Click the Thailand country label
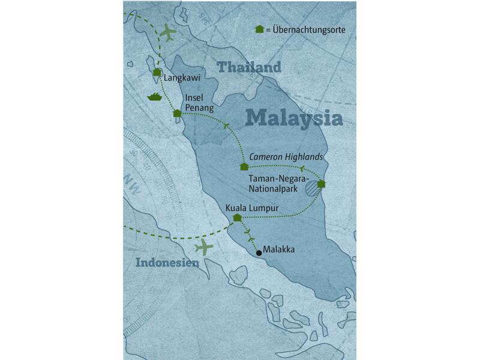pos(249,67)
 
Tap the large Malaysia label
pos(294,117)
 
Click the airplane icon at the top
pos(169,32)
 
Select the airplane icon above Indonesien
pos(204,247)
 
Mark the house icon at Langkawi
pos(157,72)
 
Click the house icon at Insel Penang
pos(176,113)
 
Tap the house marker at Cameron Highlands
pos(244,166)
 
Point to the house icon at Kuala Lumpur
pos(236,217)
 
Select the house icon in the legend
pos(259,29)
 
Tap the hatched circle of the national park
pos(311,190)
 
